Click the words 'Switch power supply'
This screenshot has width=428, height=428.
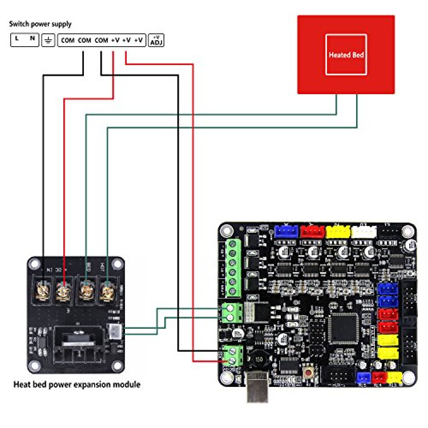coord(40,24)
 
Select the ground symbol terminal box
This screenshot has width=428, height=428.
coord(48,41)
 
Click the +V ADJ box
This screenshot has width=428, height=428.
coord(156,41)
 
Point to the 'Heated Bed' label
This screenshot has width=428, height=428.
coord(346,55)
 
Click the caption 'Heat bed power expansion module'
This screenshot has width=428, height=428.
coord(77,384)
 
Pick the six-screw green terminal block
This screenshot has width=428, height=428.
coord(233,267)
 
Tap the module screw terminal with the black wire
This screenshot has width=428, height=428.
coord(44,292)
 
